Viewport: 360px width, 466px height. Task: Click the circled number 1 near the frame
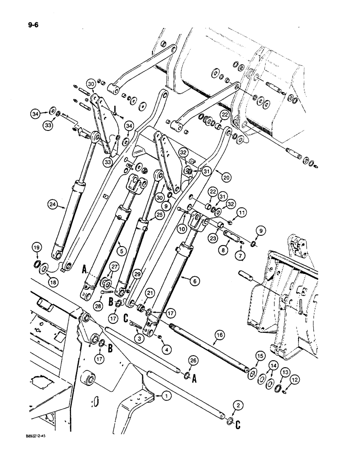[x=165, y=397]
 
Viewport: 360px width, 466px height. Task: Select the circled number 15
[x=257, y=357]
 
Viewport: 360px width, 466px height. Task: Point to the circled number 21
[x=149, y=293]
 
